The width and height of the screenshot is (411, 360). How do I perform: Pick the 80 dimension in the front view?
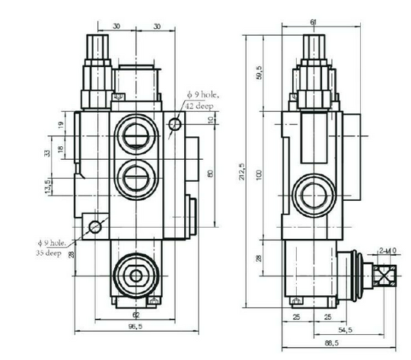pos(211,173)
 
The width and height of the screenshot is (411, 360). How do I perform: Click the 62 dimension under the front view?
pos(135,314)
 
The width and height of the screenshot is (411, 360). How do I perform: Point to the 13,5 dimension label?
pos(49,186)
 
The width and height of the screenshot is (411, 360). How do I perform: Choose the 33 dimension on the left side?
pos(46,153)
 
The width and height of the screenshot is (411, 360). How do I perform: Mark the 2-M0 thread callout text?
pos(388,250)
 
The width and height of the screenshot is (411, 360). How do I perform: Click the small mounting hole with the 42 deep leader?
pos(176,123)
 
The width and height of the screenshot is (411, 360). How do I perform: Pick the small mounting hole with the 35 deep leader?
pos(95,227)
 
